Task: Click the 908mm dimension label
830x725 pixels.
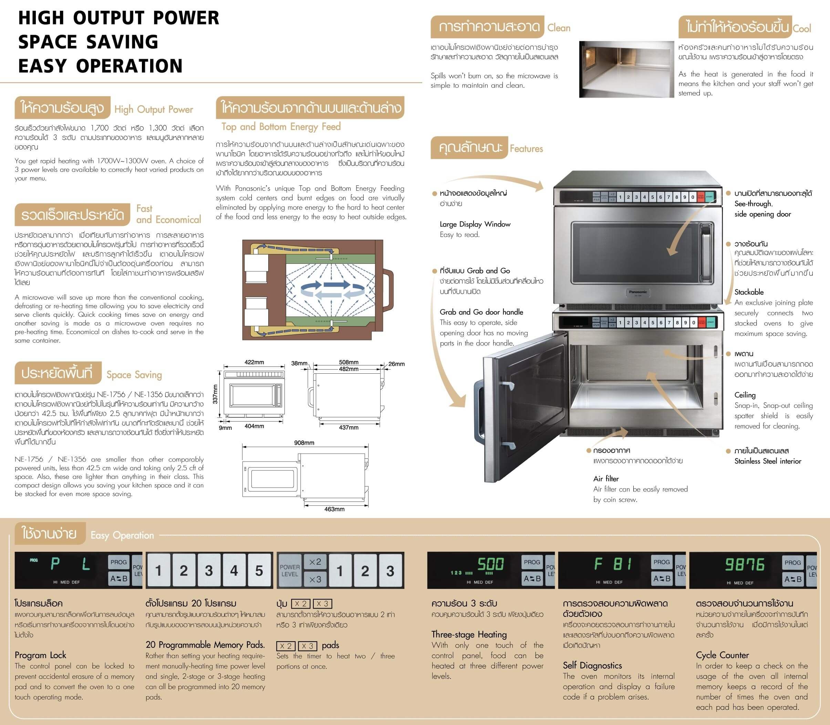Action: (304, 443)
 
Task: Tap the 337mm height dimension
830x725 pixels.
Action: (215, 394)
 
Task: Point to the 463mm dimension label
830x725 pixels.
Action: (334, 509)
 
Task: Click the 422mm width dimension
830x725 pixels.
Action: (254, 362)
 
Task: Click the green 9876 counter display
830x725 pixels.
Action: (744, 565)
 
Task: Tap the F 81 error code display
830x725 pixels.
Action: (613, 564)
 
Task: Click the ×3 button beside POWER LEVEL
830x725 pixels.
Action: (315, 579)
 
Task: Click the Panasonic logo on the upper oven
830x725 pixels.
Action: (638, 292)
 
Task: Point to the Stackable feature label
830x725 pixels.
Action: (749, 292)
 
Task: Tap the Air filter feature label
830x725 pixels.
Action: (606, 479)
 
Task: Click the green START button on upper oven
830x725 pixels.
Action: (709, 197)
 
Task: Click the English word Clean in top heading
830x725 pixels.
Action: (559, 28)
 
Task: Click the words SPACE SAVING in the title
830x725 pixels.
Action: (88, 42)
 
